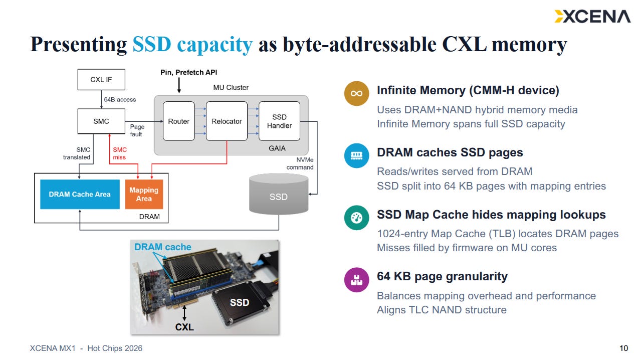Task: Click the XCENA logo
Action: point(592,17)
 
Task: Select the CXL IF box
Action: point(101,80)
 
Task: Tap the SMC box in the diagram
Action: point(101,121)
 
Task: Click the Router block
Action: point(178,121)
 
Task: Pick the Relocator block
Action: point(227,121)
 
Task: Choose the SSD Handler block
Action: point(279,121)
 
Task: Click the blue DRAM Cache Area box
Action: point(80,194)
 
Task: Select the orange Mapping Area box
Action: point(144,194)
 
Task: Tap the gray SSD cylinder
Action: point(279,194)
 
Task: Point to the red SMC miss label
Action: point(119,153)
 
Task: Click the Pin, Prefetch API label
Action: point(188,72)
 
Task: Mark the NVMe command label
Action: point(300,163)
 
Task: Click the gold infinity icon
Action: point(356,93)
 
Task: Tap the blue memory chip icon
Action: point(356,155)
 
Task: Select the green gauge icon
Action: point(356,218)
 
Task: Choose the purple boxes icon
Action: point(356,280)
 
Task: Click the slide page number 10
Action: point(624,348)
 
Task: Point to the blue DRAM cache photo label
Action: point(162,247)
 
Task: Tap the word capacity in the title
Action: point(215,45)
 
